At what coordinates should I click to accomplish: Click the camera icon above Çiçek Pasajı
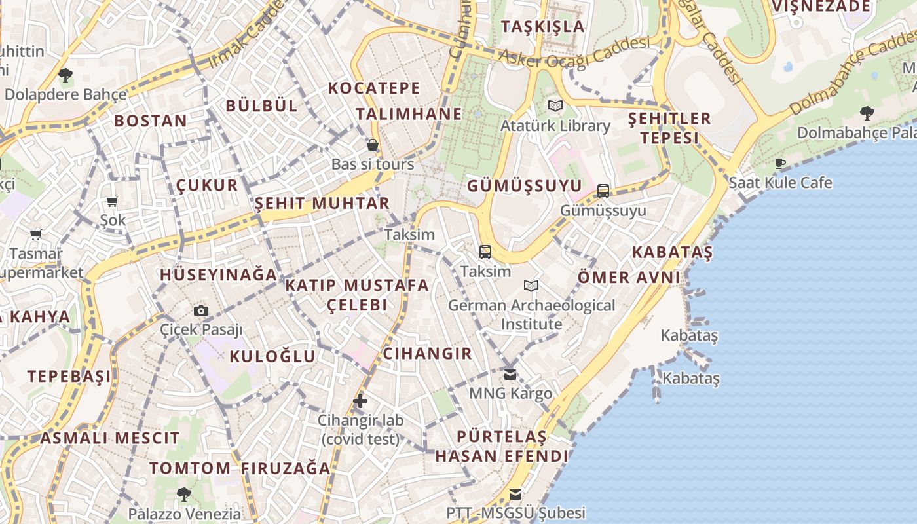click(201, 310)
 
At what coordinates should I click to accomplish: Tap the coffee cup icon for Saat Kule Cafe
click(779, 163)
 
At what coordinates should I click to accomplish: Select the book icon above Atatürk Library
click(555, 105)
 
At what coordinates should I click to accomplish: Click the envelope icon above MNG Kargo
click(510, 375)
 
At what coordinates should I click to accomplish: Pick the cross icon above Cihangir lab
click(360, 401)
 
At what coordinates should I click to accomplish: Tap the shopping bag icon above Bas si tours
click(373, 145)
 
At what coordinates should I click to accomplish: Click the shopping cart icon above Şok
click(113, 202)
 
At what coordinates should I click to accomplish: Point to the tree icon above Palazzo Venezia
click(184, 494)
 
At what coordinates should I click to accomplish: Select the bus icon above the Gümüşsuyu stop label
click(603, 191)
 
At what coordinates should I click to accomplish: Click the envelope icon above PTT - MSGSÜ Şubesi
click(516, 494)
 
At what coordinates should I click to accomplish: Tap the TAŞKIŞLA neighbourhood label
click(542, 27)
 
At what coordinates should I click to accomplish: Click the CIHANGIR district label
click(427, 354)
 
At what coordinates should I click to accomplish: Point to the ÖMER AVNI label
click(629, 277)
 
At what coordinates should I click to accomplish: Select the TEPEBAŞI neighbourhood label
click(69, 376)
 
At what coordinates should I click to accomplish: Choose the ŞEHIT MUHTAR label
click(322, 203)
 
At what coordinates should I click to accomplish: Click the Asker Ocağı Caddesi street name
click(574, 52)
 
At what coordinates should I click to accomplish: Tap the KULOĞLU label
click(272, 356)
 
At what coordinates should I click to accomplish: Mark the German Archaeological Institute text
click(531, 314)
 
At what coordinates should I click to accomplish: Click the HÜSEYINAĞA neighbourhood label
click(219, 274)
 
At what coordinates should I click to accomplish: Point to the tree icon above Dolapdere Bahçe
click(65, 75)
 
